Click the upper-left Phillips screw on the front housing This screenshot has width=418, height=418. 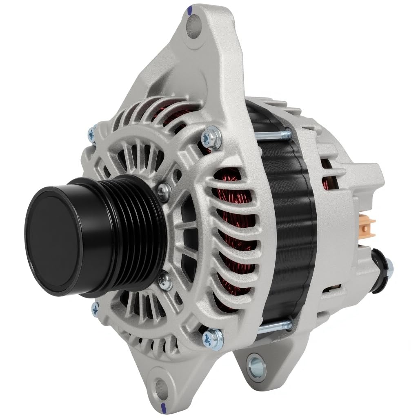point(93,134)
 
